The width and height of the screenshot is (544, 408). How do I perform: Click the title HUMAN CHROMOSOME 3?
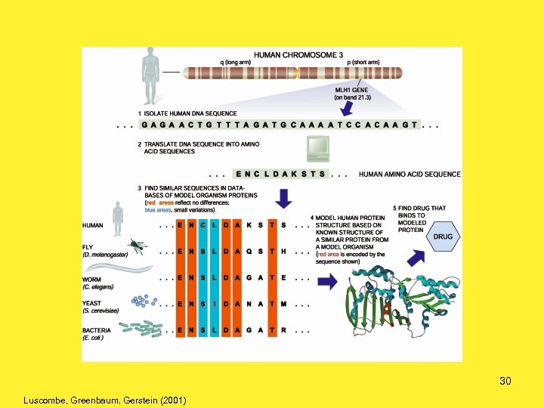coord(298,55)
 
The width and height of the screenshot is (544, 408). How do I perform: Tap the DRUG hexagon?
coord(444,236)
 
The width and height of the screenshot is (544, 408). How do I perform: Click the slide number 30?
coord(505,381)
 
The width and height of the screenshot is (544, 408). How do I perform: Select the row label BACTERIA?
coord(97,330)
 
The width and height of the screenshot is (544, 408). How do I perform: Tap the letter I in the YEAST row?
coord(215,304)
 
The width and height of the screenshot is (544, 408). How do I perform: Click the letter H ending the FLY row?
coord(283,251)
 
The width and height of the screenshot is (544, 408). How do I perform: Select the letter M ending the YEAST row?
coord(283,304)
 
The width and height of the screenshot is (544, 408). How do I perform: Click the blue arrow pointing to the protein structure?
coord(328,282)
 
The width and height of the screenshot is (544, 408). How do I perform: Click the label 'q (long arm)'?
coord(237,63)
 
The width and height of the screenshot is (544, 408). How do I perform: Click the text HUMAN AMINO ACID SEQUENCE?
coord(410,174)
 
